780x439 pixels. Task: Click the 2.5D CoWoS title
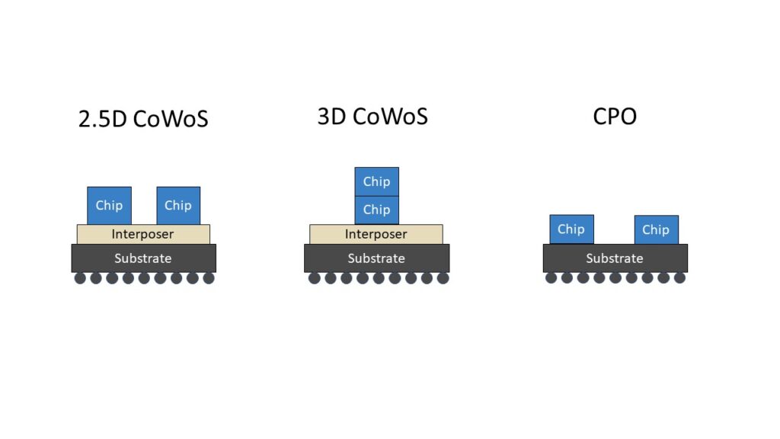(143, 118)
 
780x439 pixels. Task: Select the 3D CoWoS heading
(372, 117)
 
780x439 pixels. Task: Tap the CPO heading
(615, 117)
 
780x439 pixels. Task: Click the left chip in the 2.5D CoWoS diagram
(110, 206)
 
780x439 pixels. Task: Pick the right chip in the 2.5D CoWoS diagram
(178, 206)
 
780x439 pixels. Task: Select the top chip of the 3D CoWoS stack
(376, 181)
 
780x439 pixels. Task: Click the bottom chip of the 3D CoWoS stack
(376, 210)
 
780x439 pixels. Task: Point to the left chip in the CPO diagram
(571, 229)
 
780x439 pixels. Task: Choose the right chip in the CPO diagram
(657, 229)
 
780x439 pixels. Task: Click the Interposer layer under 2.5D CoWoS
(143, 235)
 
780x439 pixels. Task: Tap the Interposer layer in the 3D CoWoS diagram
(376, 235)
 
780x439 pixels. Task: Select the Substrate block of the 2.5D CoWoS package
(144, 258)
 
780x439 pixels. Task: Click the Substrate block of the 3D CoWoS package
(376, 258)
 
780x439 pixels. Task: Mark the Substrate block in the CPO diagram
(615, 258)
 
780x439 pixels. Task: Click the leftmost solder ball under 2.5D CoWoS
(80, 278)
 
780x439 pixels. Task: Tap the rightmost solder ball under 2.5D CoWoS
(209, 278)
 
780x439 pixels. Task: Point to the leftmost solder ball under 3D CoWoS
(315, 278)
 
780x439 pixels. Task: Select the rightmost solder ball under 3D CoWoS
(443, 278)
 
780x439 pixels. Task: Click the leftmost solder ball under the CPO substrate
(551, 277)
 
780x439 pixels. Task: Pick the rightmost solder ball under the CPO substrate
(679, 277)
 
